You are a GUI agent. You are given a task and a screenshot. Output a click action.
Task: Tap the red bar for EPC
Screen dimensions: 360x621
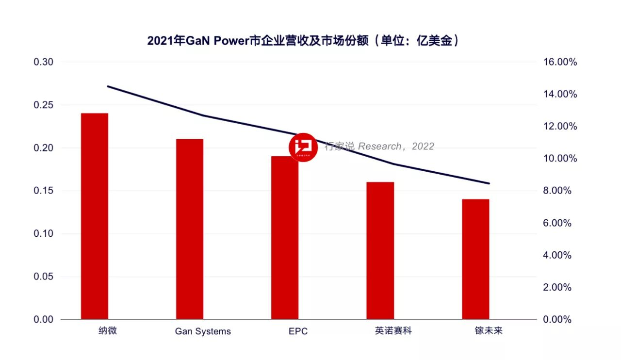285,238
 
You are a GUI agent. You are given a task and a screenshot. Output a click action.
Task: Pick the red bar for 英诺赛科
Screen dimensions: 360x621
380,250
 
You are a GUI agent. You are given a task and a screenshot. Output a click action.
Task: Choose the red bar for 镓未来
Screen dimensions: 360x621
475,259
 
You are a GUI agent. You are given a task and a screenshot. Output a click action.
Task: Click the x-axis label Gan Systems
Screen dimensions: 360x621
203,332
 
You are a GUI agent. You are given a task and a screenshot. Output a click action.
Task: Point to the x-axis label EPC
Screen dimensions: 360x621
298,332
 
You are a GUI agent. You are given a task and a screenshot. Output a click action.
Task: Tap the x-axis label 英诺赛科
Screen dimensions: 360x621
393,331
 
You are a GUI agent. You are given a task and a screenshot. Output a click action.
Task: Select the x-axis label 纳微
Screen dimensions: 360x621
108,331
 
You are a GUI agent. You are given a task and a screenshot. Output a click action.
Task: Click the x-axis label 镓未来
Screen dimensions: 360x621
489,331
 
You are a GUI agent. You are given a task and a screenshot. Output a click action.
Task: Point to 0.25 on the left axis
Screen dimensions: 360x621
43,105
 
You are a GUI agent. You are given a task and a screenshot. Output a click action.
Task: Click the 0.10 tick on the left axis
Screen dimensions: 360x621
43,234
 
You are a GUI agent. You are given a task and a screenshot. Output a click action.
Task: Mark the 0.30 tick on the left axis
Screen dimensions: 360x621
43,63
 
